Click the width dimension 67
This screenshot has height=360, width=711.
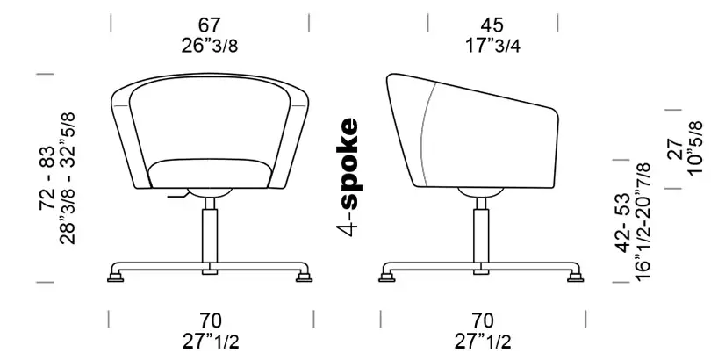pyautogui.click(x=210, y=25)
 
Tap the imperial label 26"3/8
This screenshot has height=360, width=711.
pyautogui.click(x=210, y=46)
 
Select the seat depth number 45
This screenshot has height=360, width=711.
pyautogui.click(x=492, y=25)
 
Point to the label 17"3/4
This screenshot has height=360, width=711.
pyautogui.click(x=492, y=46)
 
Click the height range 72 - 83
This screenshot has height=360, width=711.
pyautogui.click(x=47, y=178)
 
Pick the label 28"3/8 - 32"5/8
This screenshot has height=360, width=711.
pyautogui.click(x=67, y=178)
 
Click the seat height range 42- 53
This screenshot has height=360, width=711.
pyautogui.click(x=622, y=223)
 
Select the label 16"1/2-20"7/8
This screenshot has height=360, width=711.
pyautogui.click(x=643, y=222)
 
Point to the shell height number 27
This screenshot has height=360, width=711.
pyautogui.click(x=675, y=148)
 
